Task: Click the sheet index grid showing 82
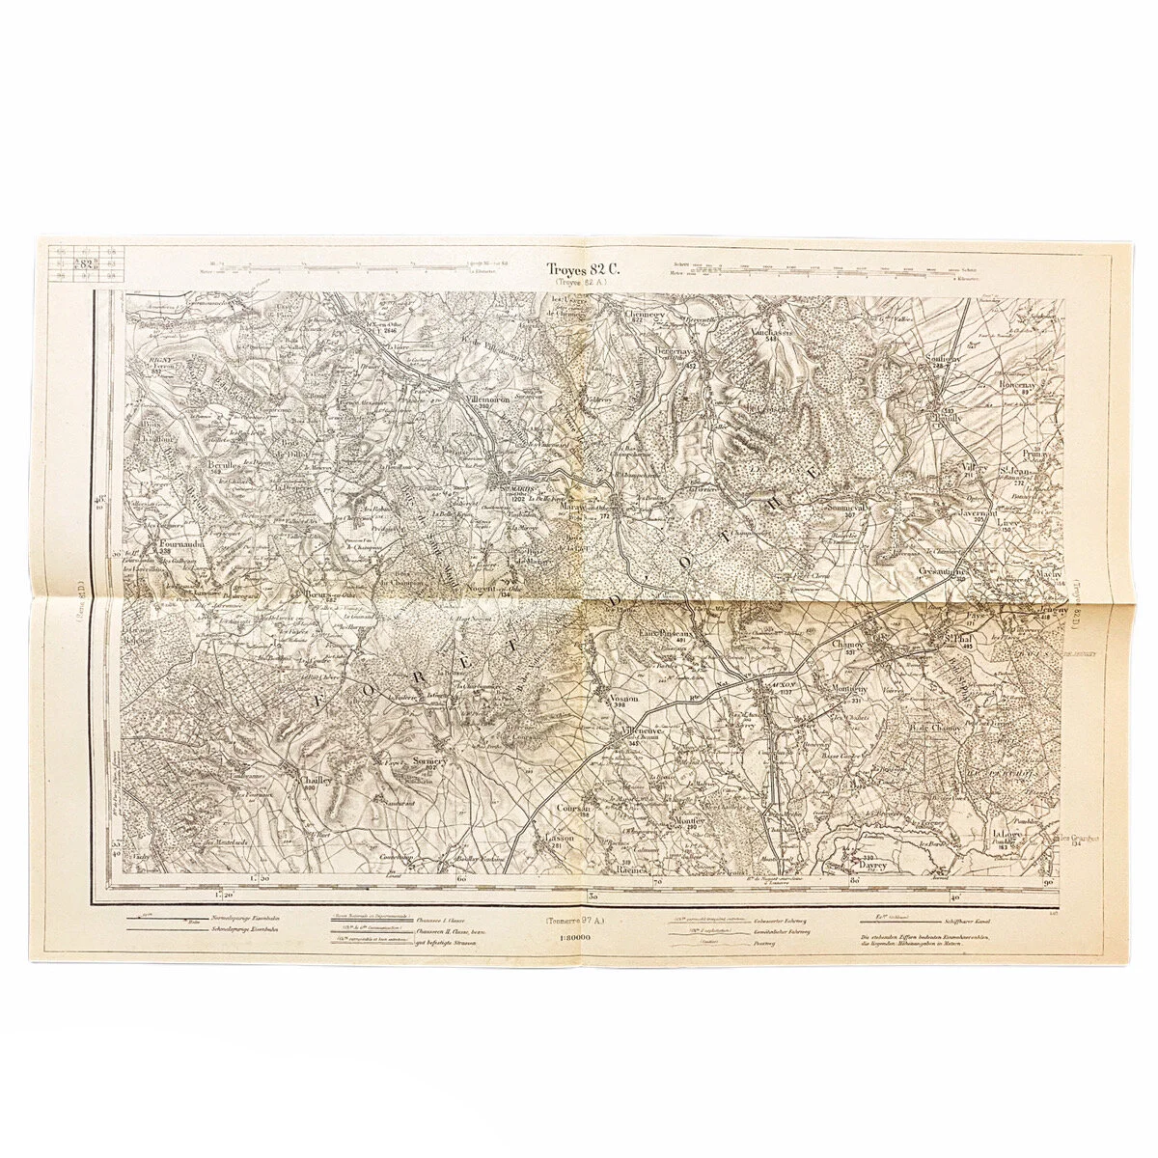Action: (x=86, y=263)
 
